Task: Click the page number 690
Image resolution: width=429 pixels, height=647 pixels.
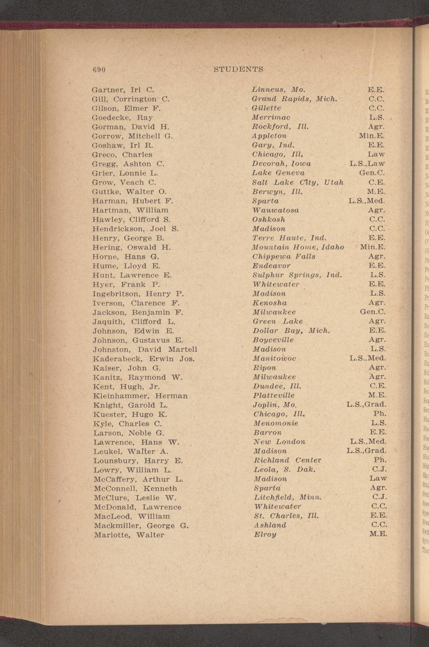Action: click(98, 69)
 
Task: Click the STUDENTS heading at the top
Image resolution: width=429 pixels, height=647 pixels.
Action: click(238, 69)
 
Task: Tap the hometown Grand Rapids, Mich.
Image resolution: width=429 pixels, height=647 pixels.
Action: click(295, 99)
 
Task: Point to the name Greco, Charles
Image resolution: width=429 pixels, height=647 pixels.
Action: click(122, 154)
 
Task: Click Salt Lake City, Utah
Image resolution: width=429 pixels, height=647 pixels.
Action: click(298, 182)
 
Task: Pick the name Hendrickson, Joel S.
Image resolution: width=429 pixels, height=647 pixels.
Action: click(135, 229)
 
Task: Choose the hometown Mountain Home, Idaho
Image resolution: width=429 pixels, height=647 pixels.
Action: click(298, 247)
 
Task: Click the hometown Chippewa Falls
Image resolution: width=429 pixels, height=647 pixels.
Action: click(284, 256)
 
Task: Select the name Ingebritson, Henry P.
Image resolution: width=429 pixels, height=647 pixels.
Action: click(138, 294)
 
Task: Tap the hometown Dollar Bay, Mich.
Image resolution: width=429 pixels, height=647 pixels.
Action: click(291, 331)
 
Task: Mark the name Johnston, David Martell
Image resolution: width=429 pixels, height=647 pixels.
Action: click(145, 349)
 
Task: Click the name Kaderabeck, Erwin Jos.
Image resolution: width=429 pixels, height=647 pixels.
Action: click(143, 359)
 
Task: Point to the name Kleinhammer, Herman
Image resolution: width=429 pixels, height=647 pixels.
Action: click(140, 396)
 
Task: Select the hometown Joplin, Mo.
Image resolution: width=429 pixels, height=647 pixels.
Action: click(275, 405)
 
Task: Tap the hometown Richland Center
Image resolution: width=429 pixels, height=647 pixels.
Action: click(287, 460)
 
